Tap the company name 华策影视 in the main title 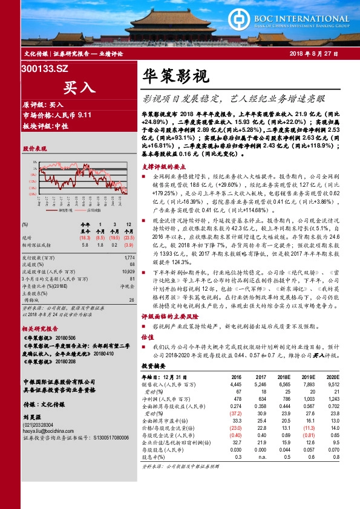click(x=175, y=76)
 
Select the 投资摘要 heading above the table click(x=152, y=366)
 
